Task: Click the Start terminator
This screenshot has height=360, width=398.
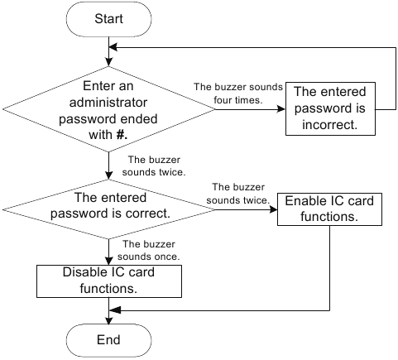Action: tap(108, 18)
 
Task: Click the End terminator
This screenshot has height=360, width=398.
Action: tap(108, 339)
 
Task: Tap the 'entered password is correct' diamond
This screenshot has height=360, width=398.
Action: tap(108, 205)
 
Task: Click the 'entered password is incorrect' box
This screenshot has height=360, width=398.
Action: tap(329, 108)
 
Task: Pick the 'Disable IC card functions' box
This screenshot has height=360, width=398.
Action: tap(108, 281)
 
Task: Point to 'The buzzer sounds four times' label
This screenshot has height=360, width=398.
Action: tap(238, 94)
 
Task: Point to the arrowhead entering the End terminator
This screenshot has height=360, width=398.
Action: tap(108, 319)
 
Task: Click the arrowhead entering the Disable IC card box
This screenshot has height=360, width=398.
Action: tap(108, 261)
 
